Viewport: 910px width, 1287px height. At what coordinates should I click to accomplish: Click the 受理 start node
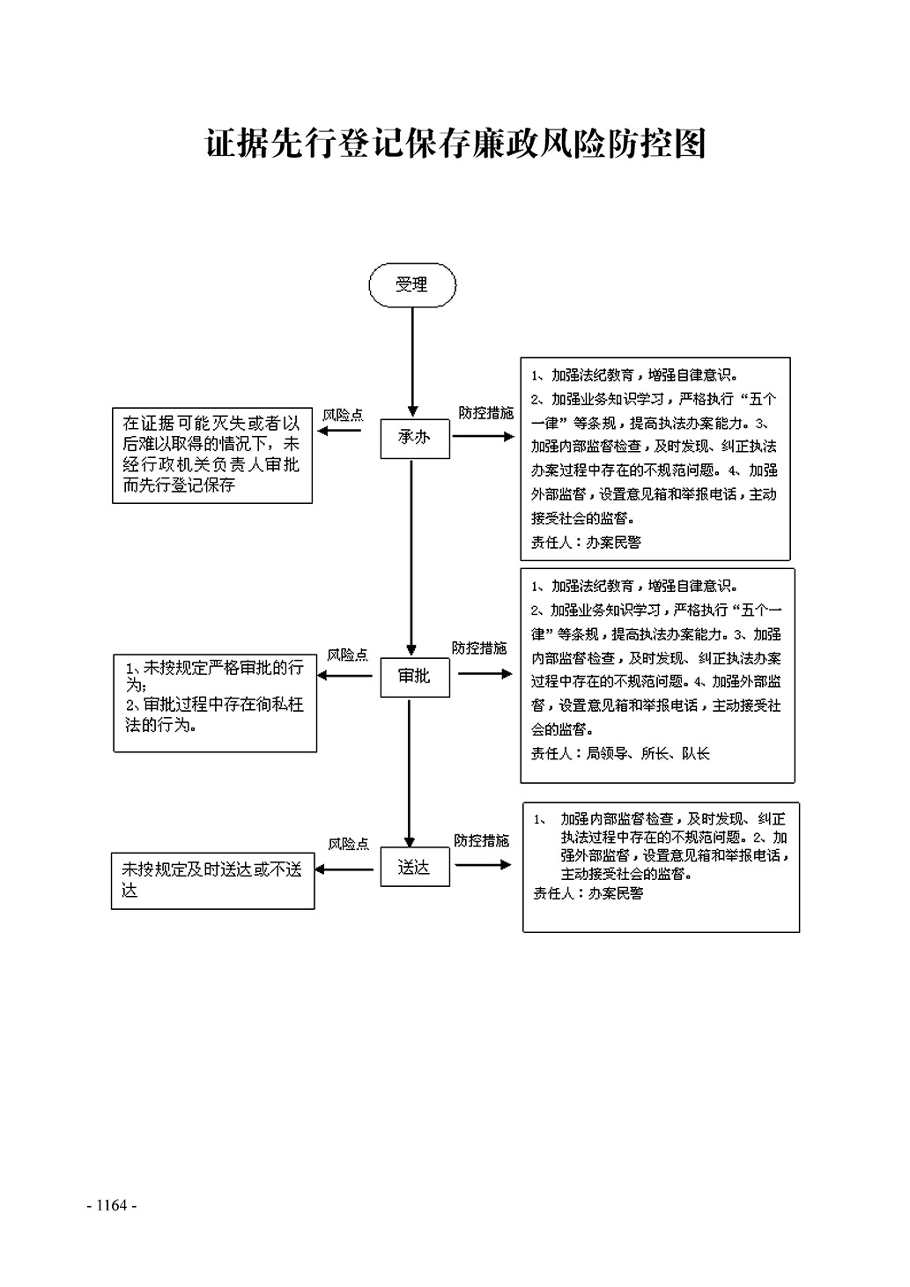click(x=412, y=285)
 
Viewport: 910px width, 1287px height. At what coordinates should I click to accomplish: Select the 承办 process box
click(x=415, y=438)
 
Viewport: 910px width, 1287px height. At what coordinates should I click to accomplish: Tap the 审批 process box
click(x=414, y=677)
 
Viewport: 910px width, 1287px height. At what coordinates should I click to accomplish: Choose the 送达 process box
click(x=414, y=868)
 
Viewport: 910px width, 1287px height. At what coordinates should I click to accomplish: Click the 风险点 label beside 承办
click(x=342, y=415)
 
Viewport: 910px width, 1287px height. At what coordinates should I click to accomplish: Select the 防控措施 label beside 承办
click(x=485, y=413)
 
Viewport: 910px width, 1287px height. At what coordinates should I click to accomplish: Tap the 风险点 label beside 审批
click(x=347, y=655)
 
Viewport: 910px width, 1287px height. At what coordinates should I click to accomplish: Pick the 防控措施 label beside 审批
click(x=479, y=649)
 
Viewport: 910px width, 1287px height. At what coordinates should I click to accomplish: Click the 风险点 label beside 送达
click(x=348, y=845)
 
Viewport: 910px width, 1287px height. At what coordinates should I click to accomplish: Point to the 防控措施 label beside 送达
click(x=481, y=841)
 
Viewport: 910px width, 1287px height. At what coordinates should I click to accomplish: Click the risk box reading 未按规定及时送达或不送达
click(x=212, y=880)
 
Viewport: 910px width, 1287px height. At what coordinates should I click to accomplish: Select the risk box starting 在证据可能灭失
click(x=212, y=455)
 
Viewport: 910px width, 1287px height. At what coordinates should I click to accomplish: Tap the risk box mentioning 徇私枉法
click(x=215, y=702)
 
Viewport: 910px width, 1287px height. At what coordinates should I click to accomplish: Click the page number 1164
click(x=112, y=1205)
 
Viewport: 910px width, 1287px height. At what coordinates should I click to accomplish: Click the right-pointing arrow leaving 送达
click(x=483, y=865)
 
